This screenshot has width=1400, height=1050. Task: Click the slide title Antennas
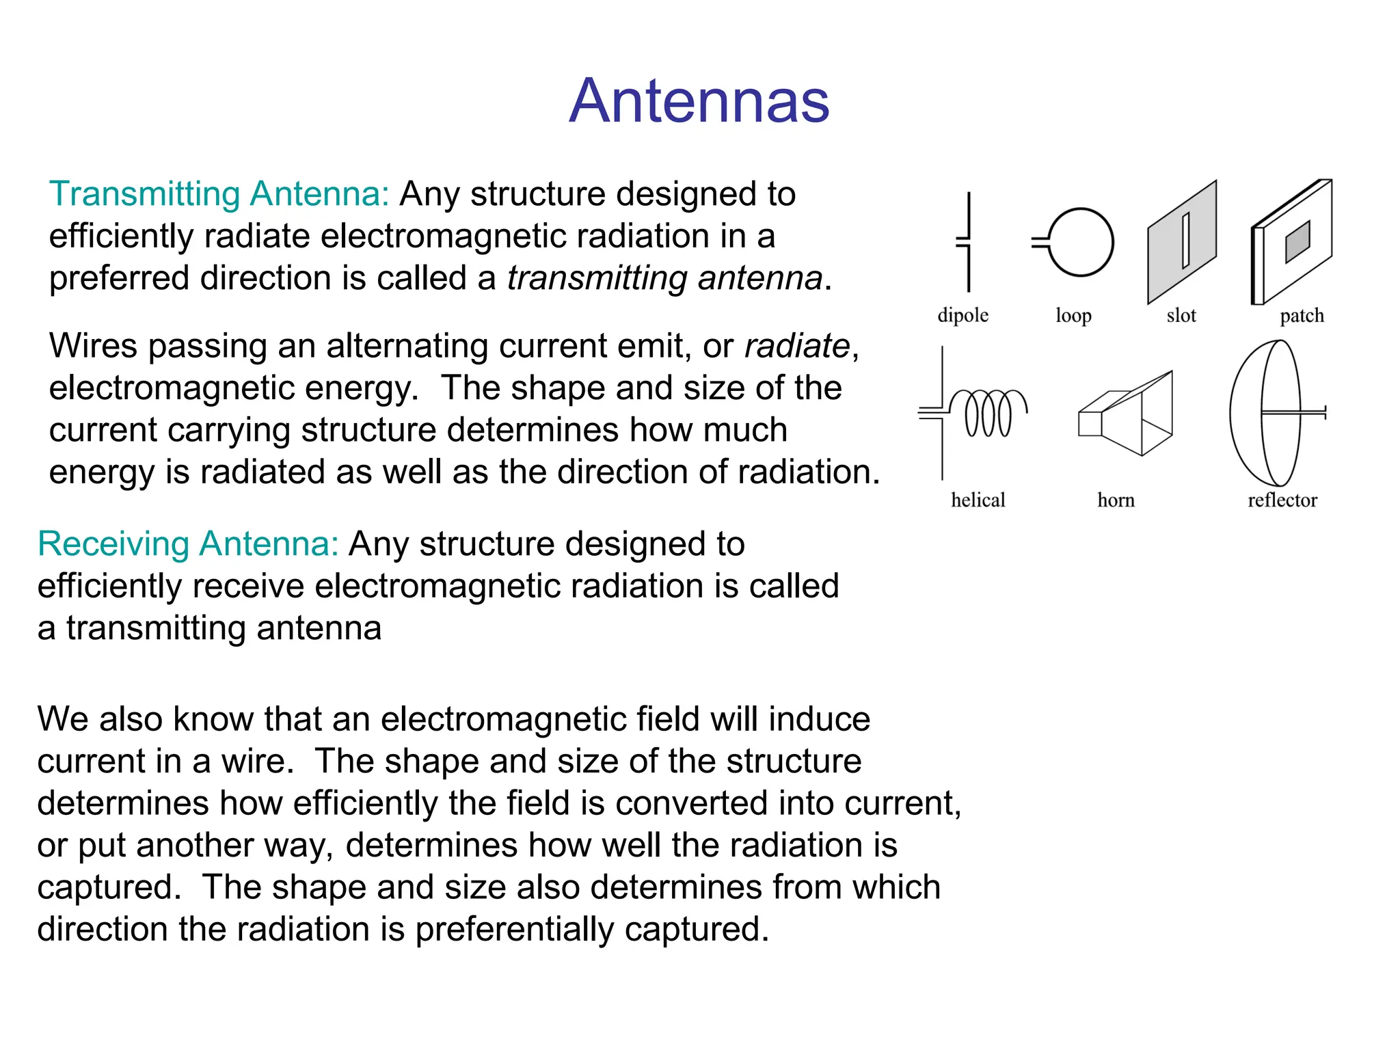pos(699,101)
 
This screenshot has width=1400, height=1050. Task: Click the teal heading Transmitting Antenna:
pos(219,194)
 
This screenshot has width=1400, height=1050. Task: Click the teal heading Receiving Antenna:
pos(188,544)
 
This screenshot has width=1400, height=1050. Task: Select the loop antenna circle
pos(1079,242)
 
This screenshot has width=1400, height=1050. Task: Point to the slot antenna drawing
pos(1183,242)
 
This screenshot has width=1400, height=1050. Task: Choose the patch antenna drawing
pos(1291,242)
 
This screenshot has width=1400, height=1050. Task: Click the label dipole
pos(962,315)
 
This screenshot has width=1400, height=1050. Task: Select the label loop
pos(1073,315)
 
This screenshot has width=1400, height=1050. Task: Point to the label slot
pos(1181,315)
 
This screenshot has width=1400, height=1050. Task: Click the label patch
pos(1302,315)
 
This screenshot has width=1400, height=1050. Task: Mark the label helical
pos(978,500)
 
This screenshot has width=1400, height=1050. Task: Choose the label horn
pos(1116,500)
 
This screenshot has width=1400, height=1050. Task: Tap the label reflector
pos(1282,500)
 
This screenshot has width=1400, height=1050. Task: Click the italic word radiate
pos(797,346)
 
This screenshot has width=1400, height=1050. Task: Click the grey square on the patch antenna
pos(1297,241)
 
